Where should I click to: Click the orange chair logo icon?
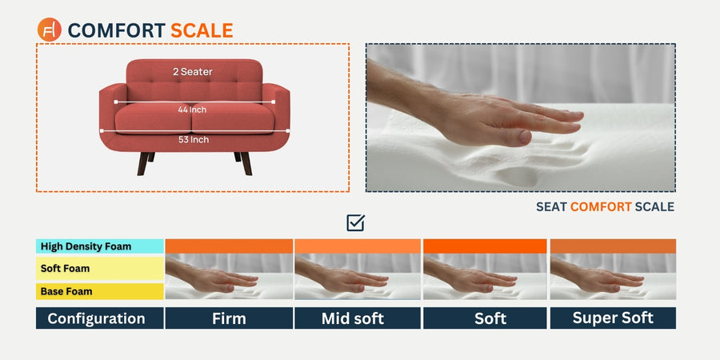point(49,30)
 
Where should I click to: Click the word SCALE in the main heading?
point(202,30)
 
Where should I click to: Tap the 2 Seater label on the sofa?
point(193,72)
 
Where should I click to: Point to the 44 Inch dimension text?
point(192,110)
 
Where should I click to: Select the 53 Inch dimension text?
point(194,139)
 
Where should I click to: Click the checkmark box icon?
point(355,222)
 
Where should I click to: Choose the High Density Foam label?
point(86,246)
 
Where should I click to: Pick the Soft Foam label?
point(65,268)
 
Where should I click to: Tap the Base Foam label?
point(66,291)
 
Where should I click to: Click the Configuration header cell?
point(100,318)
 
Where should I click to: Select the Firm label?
point(229,318)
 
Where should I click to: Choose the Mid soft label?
point(353,318)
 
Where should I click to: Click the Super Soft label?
point(613,318)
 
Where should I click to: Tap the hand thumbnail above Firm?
point(229,277)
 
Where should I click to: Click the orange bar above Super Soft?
point(613,246)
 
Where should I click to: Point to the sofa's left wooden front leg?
point(143,163)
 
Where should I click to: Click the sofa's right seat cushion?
point(234,118)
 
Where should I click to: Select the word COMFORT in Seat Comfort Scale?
point(601,207)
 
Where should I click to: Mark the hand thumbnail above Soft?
point(485,277)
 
